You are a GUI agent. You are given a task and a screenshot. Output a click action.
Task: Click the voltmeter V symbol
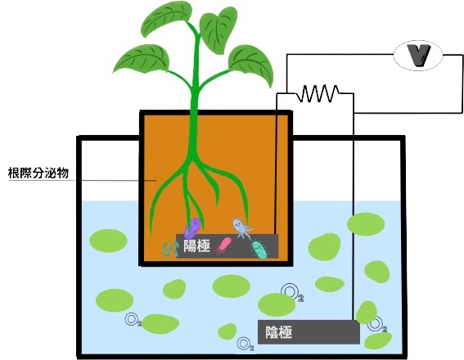point(418,56)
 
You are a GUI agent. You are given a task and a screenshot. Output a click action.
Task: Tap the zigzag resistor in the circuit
point(318,93)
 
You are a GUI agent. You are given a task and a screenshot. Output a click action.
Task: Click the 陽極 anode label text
point(197,245)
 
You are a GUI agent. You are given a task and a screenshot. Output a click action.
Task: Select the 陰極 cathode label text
point(279,332)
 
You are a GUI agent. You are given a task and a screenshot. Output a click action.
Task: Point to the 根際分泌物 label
point(38,173)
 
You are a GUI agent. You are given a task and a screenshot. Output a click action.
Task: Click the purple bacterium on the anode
point(192,227)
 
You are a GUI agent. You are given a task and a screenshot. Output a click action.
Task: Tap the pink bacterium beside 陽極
point(223,245)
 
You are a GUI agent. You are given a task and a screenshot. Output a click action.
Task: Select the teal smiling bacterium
point(260,250)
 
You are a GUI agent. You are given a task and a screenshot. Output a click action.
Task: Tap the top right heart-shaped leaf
point(218,30)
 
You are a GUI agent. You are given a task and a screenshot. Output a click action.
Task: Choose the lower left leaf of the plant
point(141,59)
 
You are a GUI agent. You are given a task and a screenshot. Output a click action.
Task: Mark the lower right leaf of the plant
point(250,65)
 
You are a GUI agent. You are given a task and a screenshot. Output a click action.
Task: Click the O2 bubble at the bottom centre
point(246,344)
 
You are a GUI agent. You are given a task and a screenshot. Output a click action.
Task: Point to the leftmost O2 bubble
point(133,319)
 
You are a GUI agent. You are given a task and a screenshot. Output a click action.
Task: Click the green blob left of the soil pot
point(108,241)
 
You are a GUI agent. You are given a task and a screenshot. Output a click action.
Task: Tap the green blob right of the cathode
point(378,341)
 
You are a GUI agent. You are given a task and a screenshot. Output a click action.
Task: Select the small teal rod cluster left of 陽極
point(171,249)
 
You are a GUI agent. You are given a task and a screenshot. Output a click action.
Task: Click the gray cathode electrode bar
point(309,332)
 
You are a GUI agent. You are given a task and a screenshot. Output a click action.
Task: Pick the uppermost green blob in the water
point(366,224)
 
